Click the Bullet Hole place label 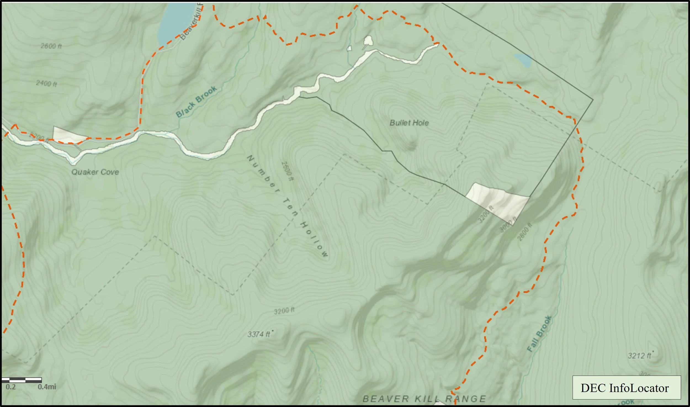pos(409,123)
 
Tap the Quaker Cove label pos(95,172)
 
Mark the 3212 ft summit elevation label pos(640,356)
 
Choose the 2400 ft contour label pos(46,83)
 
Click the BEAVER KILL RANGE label pos(424,399)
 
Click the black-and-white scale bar pos(22,380)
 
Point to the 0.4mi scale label pos(47,387)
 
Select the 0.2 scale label pos(10,387)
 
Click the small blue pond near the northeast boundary pos(522,60)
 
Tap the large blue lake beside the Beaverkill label pos(177,22)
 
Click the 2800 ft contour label pos(525,231)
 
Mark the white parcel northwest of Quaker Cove pos(68,135)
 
